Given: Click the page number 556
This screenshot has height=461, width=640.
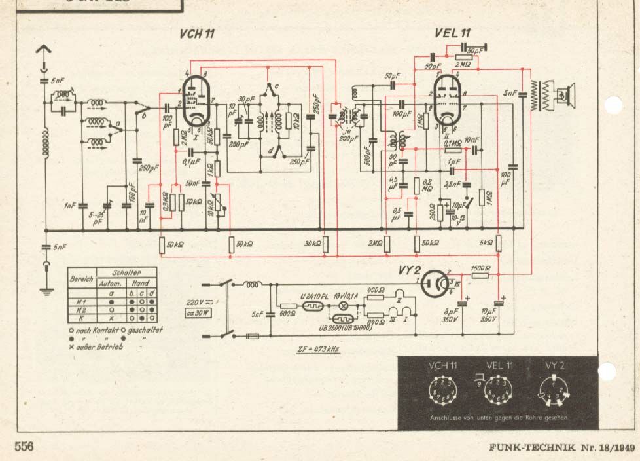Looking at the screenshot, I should coord(24,447).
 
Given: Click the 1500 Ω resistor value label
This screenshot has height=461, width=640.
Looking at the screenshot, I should coord(480,268).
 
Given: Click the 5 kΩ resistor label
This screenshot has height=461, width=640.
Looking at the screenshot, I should coord(485,244).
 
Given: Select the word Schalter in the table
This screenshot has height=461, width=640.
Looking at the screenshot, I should coord(126,270).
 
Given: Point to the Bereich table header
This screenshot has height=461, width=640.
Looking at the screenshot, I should coord(82,278).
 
